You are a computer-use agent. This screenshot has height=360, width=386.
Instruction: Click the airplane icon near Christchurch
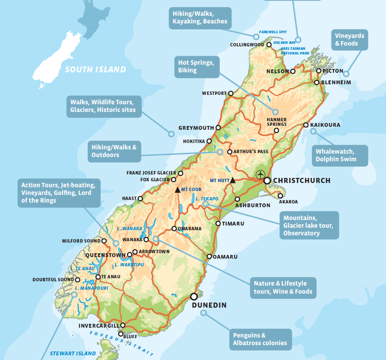click(x=260, y=174)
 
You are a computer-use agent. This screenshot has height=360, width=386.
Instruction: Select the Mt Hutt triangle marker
click(x=233, y=180)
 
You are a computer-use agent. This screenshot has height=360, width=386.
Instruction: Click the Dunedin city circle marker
click(x=194, y=296)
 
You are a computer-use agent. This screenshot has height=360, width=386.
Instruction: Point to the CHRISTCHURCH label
click(x=301, y=180)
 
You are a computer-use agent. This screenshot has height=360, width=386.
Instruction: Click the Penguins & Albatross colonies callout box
click(x=260, y=339)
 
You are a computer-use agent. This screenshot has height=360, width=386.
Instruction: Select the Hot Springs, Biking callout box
click(x=197, y=66)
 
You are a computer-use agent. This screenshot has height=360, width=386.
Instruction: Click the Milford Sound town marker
click(x=104, y=241)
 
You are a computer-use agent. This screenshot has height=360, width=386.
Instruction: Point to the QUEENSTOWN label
click(x=106, y=255)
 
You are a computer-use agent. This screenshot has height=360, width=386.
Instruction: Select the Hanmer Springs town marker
click(x=276, y=131)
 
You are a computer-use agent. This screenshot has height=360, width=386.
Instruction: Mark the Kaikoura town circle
click(x=305, y=125)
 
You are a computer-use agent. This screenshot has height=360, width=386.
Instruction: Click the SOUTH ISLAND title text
click(x=95, y=69)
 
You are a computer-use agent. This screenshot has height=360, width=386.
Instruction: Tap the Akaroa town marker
click(x=280, y=196)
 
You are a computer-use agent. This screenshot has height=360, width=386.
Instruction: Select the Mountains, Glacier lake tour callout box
click(x=309, y=225)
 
